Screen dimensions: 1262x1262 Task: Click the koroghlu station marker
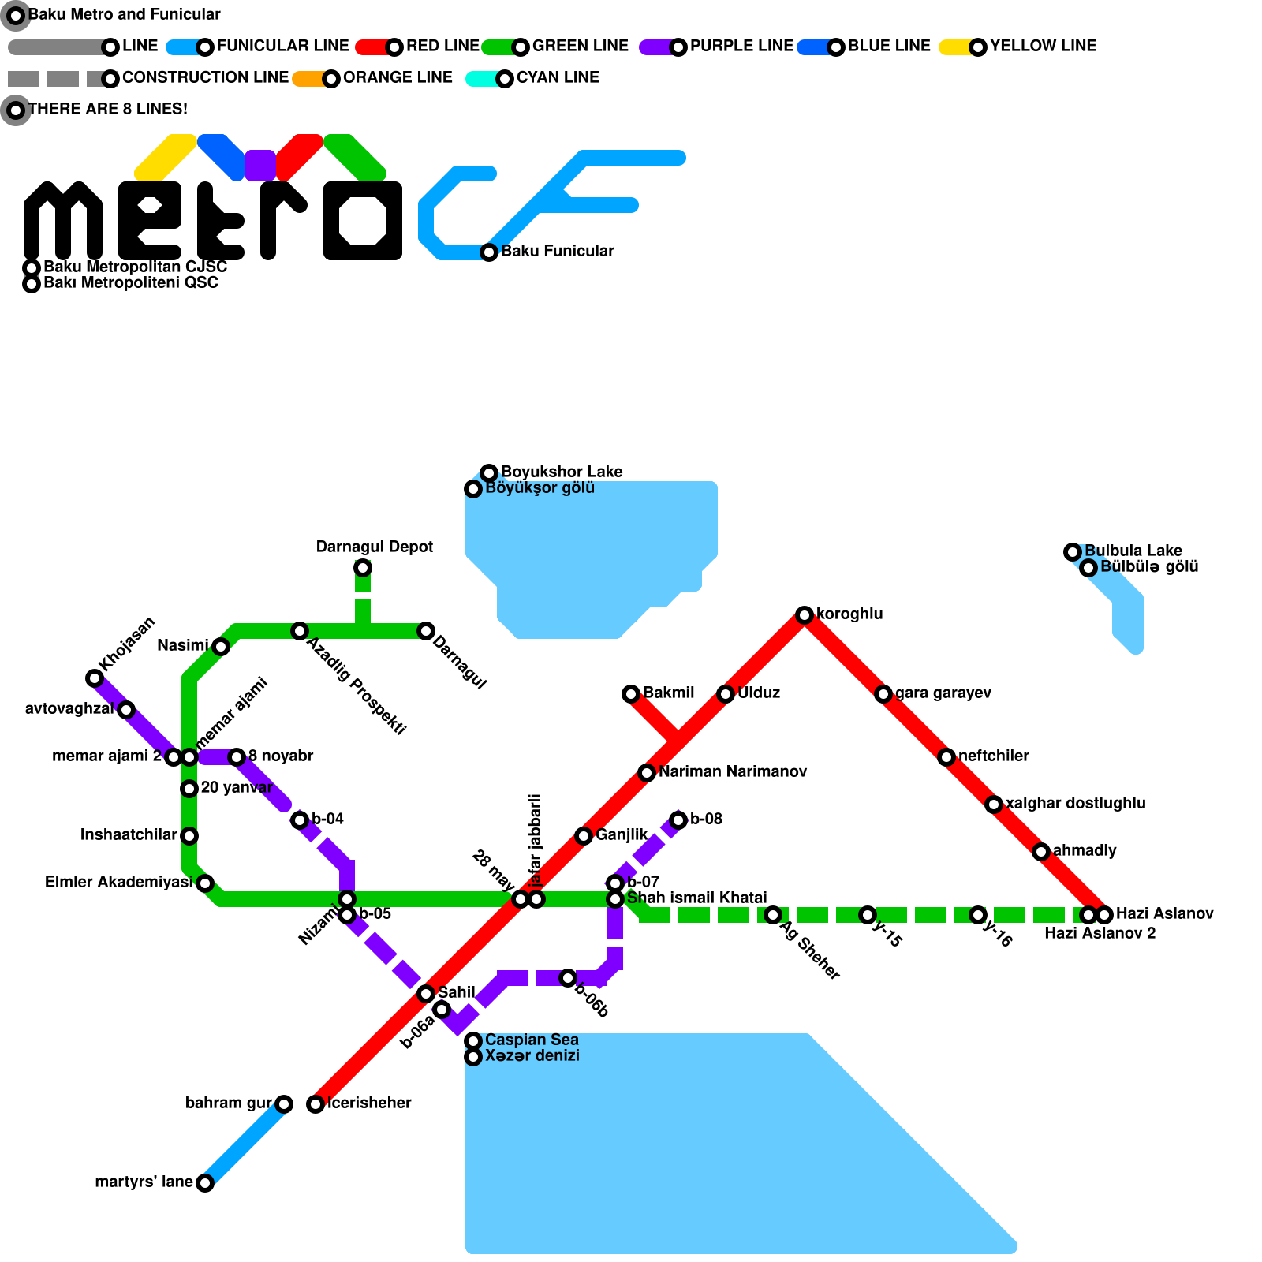coord(805,615)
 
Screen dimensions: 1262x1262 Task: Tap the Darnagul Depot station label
coord(375,547)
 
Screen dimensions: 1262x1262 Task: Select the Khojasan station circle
coord(95,678)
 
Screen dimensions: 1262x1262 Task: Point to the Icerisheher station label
coord(369,1103)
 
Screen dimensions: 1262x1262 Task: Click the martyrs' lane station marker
coord(205,1183)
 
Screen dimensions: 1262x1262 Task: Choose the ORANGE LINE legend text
coord(398,77)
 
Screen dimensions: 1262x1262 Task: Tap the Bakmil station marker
coord(631,694)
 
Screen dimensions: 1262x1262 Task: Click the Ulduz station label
coord(759,693)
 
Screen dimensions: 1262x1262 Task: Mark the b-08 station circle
coord(678,820)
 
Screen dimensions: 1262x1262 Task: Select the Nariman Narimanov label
coord(733,771)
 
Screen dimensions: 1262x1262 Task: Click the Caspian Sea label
coord(532,1040)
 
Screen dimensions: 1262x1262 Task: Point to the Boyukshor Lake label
coord(562,472)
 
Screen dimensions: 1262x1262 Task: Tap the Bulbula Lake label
coord(1133,551)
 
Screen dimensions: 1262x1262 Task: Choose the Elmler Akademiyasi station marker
coord(205,883)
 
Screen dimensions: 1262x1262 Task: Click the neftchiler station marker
coord(946,757)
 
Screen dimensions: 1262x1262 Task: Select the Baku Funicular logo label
coord(557,251)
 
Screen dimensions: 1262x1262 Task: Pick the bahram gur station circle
coord(284,1104)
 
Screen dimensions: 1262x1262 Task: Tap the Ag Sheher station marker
coord(773,915)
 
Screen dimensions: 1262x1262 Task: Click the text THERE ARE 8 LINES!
coord(108,109)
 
